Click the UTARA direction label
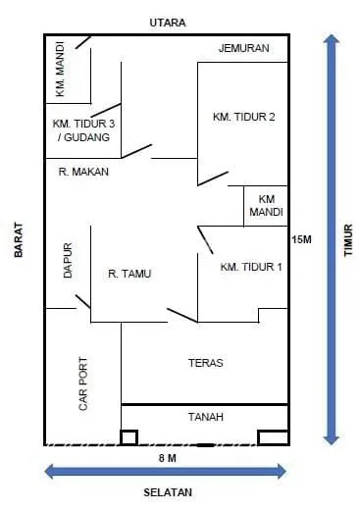pos(167,22)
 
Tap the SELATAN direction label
pos(167,492)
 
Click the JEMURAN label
pos(243,48)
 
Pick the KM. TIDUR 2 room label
pos(243,117)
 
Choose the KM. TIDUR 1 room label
pos(251,267)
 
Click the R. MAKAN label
pos(83,172)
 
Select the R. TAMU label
pos(129,274)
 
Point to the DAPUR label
pos(68,261)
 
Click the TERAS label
pos(206,363)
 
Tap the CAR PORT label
pos(83,383)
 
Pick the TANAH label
pos(206,417)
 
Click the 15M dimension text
pos(301,239)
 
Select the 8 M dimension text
pos(167,458)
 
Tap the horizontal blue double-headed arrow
pos(167,471)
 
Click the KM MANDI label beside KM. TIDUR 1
pos(266,205)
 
